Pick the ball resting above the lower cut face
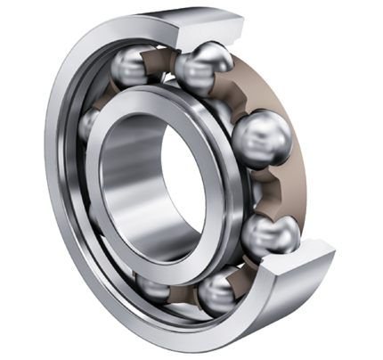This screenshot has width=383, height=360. click(270, 234)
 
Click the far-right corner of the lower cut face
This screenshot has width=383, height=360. click(335, 259)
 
